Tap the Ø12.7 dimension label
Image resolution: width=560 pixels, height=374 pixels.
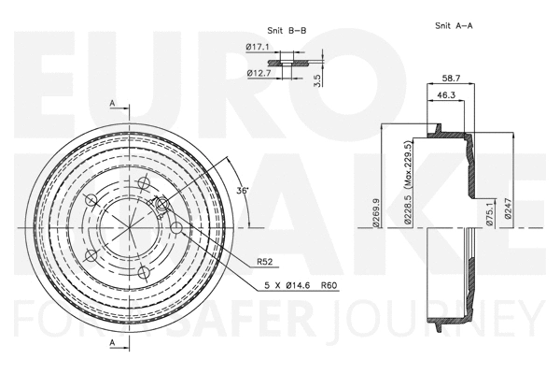(259, 73)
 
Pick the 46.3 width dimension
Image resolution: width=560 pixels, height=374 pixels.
(446, 95)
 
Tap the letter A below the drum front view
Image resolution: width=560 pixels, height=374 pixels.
(112, 344)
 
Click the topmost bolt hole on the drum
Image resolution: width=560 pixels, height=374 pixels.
(142, 183)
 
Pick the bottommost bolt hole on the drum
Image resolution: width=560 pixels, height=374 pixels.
(142, 272)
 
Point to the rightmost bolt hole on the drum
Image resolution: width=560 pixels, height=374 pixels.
(175, 227)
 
